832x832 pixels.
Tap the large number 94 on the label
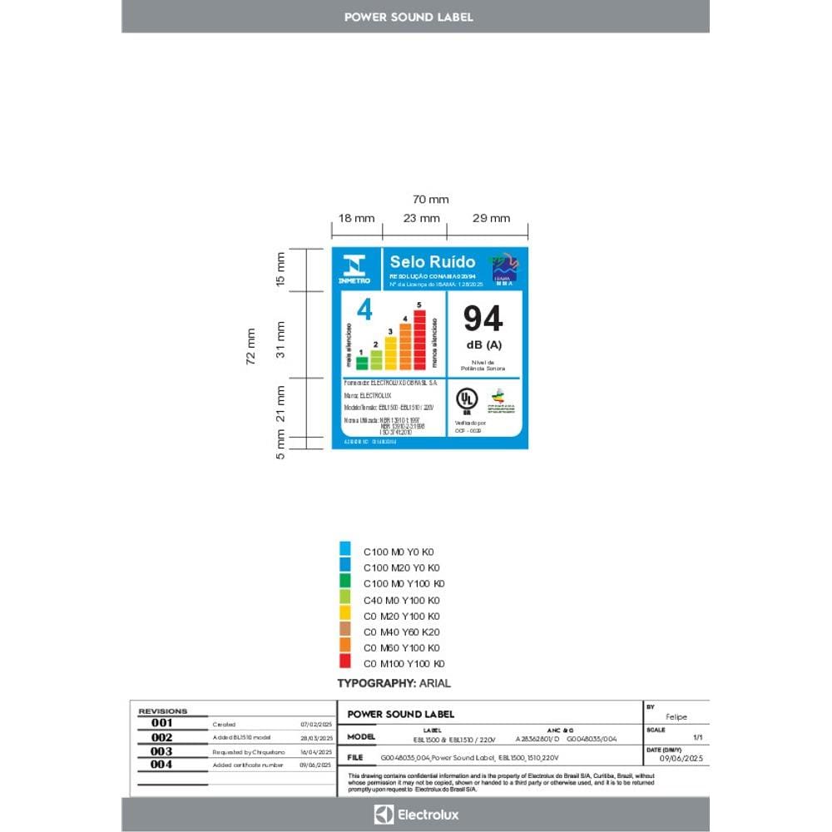click(483, 319)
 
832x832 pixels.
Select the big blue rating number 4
click(364, 310)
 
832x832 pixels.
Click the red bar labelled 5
click(419, 339)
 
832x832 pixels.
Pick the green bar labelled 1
click(361, 362)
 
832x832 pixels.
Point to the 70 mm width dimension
click(430, 200)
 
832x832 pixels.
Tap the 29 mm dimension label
click(490, 219)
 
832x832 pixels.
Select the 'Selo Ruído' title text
click(421, 262)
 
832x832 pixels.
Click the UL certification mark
click(466, 401)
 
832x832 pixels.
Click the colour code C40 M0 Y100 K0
click(402, 600)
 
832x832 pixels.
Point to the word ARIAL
click(435, 683)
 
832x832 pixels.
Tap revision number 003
click(162, 751)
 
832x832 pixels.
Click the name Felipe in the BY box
click(676, 717)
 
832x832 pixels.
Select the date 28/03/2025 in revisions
click(316, 738)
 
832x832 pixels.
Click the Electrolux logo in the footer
click(416, 815)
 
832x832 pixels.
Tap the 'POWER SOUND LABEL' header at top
click(409, 17)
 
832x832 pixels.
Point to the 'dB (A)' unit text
click(483, 344)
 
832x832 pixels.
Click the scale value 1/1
click(697, 738)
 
